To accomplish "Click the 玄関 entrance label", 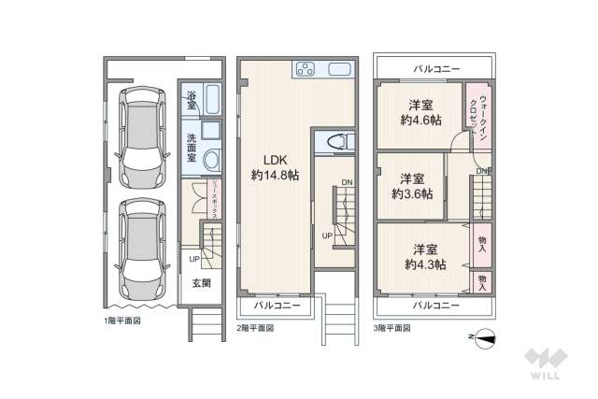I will click(201, 283).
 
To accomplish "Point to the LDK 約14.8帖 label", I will click(270, 166).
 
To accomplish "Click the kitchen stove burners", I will click(306, 68).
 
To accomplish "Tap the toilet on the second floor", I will click(336, 141).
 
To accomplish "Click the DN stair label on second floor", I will click(347, 182).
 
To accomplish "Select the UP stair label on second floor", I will click(327, 235).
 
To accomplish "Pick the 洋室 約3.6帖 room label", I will click(412, 186).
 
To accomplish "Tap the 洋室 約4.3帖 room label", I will click(425, 256).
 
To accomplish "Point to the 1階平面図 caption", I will click(123, 321).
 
